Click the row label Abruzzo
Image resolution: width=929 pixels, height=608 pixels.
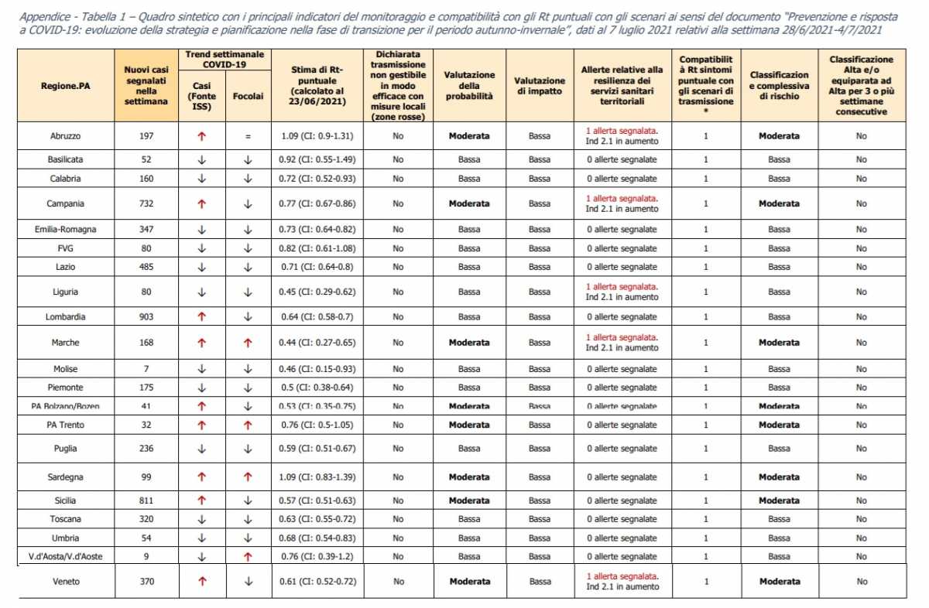tap(65, 136)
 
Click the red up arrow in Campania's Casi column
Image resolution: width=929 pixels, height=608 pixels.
tap(201, 204)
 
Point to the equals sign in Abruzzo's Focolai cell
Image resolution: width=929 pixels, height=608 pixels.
tap(248, 136)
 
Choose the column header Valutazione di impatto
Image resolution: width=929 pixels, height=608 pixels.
tap(540, 87)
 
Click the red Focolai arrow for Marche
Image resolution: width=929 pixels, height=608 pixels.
tap(248, 343)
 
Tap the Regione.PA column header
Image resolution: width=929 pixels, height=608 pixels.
tap(65, 87)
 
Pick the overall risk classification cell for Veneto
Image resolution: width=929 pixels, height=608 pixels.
tap(779, 581)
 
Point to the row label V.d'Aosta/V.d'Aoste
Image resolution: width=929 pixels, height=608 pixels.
tap(65, 556)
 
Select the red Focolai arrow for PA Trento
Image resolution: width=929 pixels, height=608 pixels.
tap(248, 425)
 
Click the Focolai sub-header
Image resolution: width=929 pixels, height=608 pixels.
tap(248, 97)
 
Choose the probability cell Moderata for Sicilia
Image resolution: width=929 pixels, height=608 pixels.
tap(469, 500)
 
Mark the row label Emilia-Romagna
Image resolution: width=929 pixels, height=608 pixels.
tap(65, 230)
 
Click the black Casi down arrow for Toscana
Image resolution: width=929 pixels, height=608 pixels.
tap(201, 519)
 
